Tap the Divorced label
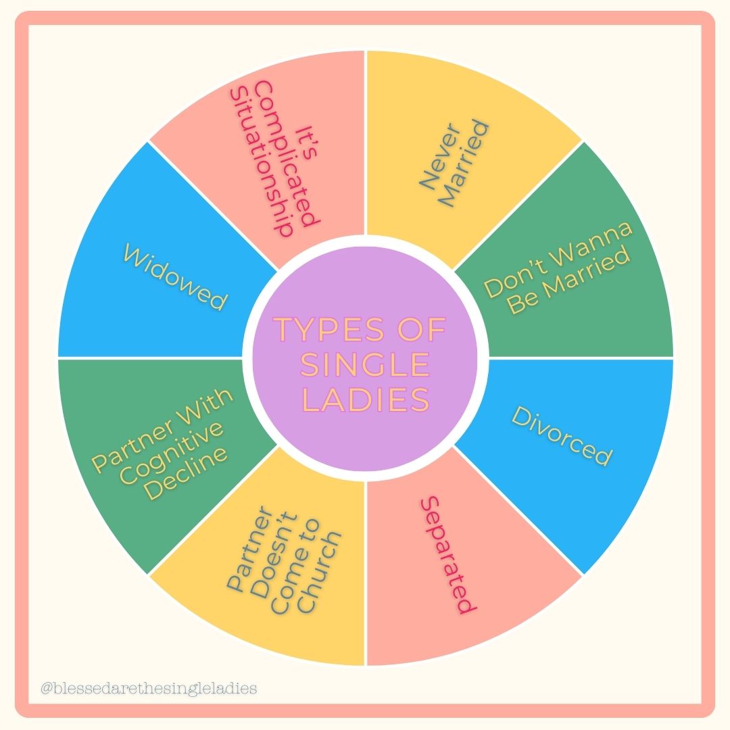click(561, 437)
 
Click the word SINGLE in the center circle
click(365, 366)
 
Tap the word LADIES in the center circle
click(365, 400)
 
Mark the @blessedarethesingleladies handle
click(149, 689)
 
